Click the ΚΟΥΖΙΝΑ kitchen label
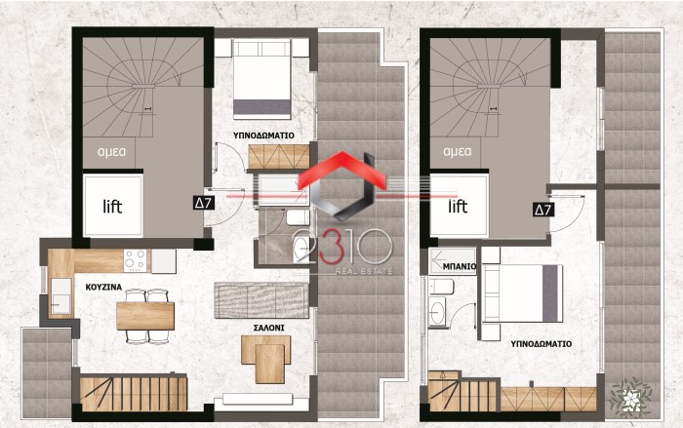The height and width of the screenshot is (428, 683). (103, 288)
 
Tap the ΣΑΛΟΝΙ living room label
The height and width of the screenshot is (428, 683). (268, 328)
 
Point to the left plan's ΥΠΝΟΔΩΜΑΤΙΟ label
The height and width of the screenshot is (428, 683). (263, 136)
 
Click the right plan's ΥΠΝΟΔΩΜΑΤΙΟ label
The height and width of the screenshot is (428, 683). (542, 344)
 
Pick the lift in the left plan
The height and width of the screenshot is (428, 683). (113, 206)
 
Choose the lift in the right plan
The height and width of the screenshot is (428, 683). (459, 206)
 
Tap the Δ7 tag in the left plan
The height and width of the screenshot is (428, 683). (203, 203)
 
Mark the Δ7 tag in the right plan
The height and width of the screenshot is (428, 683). (543, 211)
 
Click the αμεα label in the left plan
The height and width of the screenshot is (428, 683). (112, 152)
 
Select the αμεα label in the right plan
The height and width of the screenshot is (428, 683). (457, 152)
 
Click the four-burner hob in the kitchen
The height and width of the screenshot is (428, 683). (135, 260)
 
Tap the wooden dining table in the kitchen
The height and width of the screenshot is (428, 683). (145, 316)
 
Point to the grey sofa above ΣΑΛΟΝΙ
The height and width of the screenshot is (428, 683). (261, 300)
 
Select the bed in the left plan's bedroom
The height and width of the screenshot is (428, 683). (261, 79)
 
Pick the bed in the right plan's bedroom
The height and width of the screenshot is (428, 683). (521, 293)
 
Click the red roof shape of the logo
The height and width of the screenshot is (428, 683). (342, 169)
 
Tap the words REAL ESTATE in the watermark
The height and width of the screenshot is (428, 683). (364, 272)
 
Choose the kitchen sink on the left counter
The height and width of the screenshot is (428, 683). (60, 296)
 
